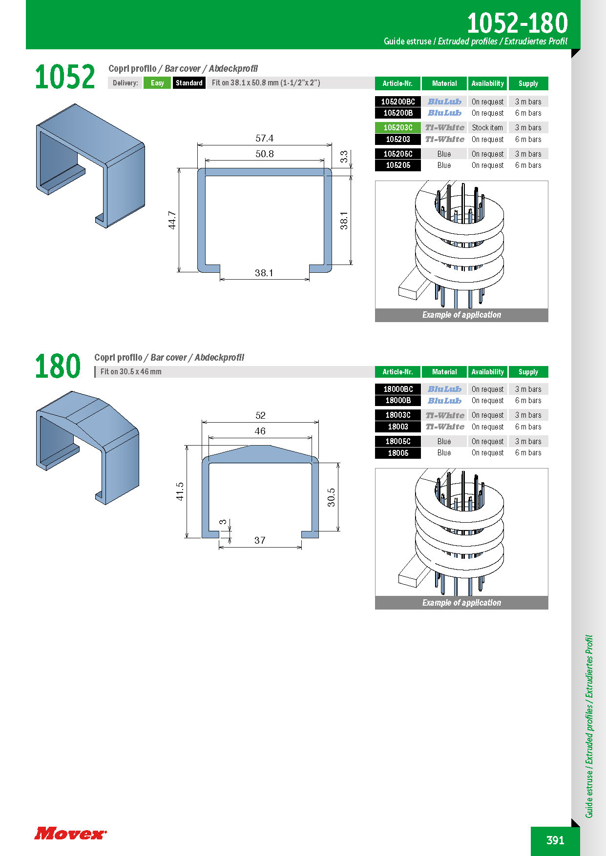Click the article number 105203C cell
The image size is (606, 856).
pos(397,128)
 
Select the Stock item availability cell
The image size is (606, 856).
pos(487,128)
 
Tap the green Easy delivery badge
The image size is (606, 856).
pos(157,83)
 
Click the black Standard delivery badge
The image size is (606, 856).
pos(189,83)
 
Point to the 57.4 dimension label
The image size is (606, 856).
pos(264,139)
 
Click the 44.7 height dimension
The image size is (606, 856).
pos(172,220)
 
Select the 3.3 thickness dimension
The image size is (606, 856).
pos(344,157)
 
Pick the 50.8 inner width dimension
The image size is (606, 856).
pos(264,154)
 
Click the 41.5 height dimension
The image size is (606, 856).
pos(180,491)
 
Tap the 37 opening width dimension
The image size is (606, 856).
pos(260,541)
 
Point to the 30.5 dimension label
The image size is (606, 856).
pos(331,497)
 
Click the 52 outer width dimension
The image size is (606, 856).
pos(260,416)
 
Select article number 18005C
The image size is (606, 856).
pos(397,442)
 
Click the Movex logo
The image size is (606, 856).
pos(70,833)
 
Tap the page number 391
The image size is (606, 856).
pos(555,840)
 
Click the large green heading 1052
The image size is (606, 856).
pos(64,77)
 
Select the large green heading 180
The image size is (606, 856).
pos(58,367)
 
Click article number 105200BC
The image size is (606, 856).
pos(397,102)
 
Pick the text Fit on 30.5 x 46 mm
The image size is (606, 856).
pos(131,372)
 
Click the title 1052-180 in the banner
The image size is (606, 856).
pos(517,23)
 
